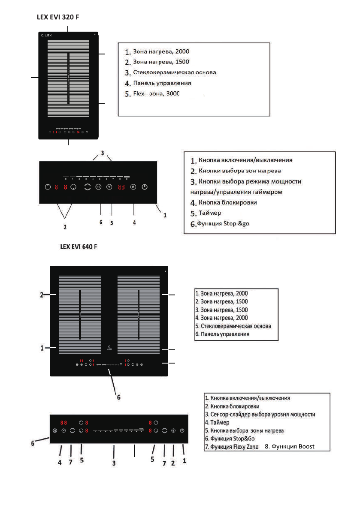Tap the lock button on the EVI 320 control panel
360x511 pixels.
[x=133, y=187]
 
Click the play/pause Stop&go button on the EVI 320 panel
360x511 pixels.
[x=98, y=187]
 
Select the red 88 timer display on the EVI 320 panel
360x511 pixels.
[x=122, y=187]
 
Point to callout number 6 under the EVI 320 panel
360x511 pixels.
[x=100, y=222]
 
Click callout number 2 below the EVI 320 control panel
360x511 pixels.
[x=65, y=226]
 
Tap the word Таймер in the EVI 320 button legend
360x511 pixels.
[x=211, y=213]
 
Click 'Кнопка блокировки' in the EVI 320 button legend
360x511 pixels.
[x=228, y=202]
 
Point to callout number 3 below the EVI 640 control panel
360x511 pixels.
[x=114, y=463]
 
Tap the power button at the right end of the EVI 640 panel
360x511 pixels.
[x=182, y=430]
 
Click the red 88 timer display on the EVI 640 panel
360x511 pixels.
[x=64, y=422]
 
